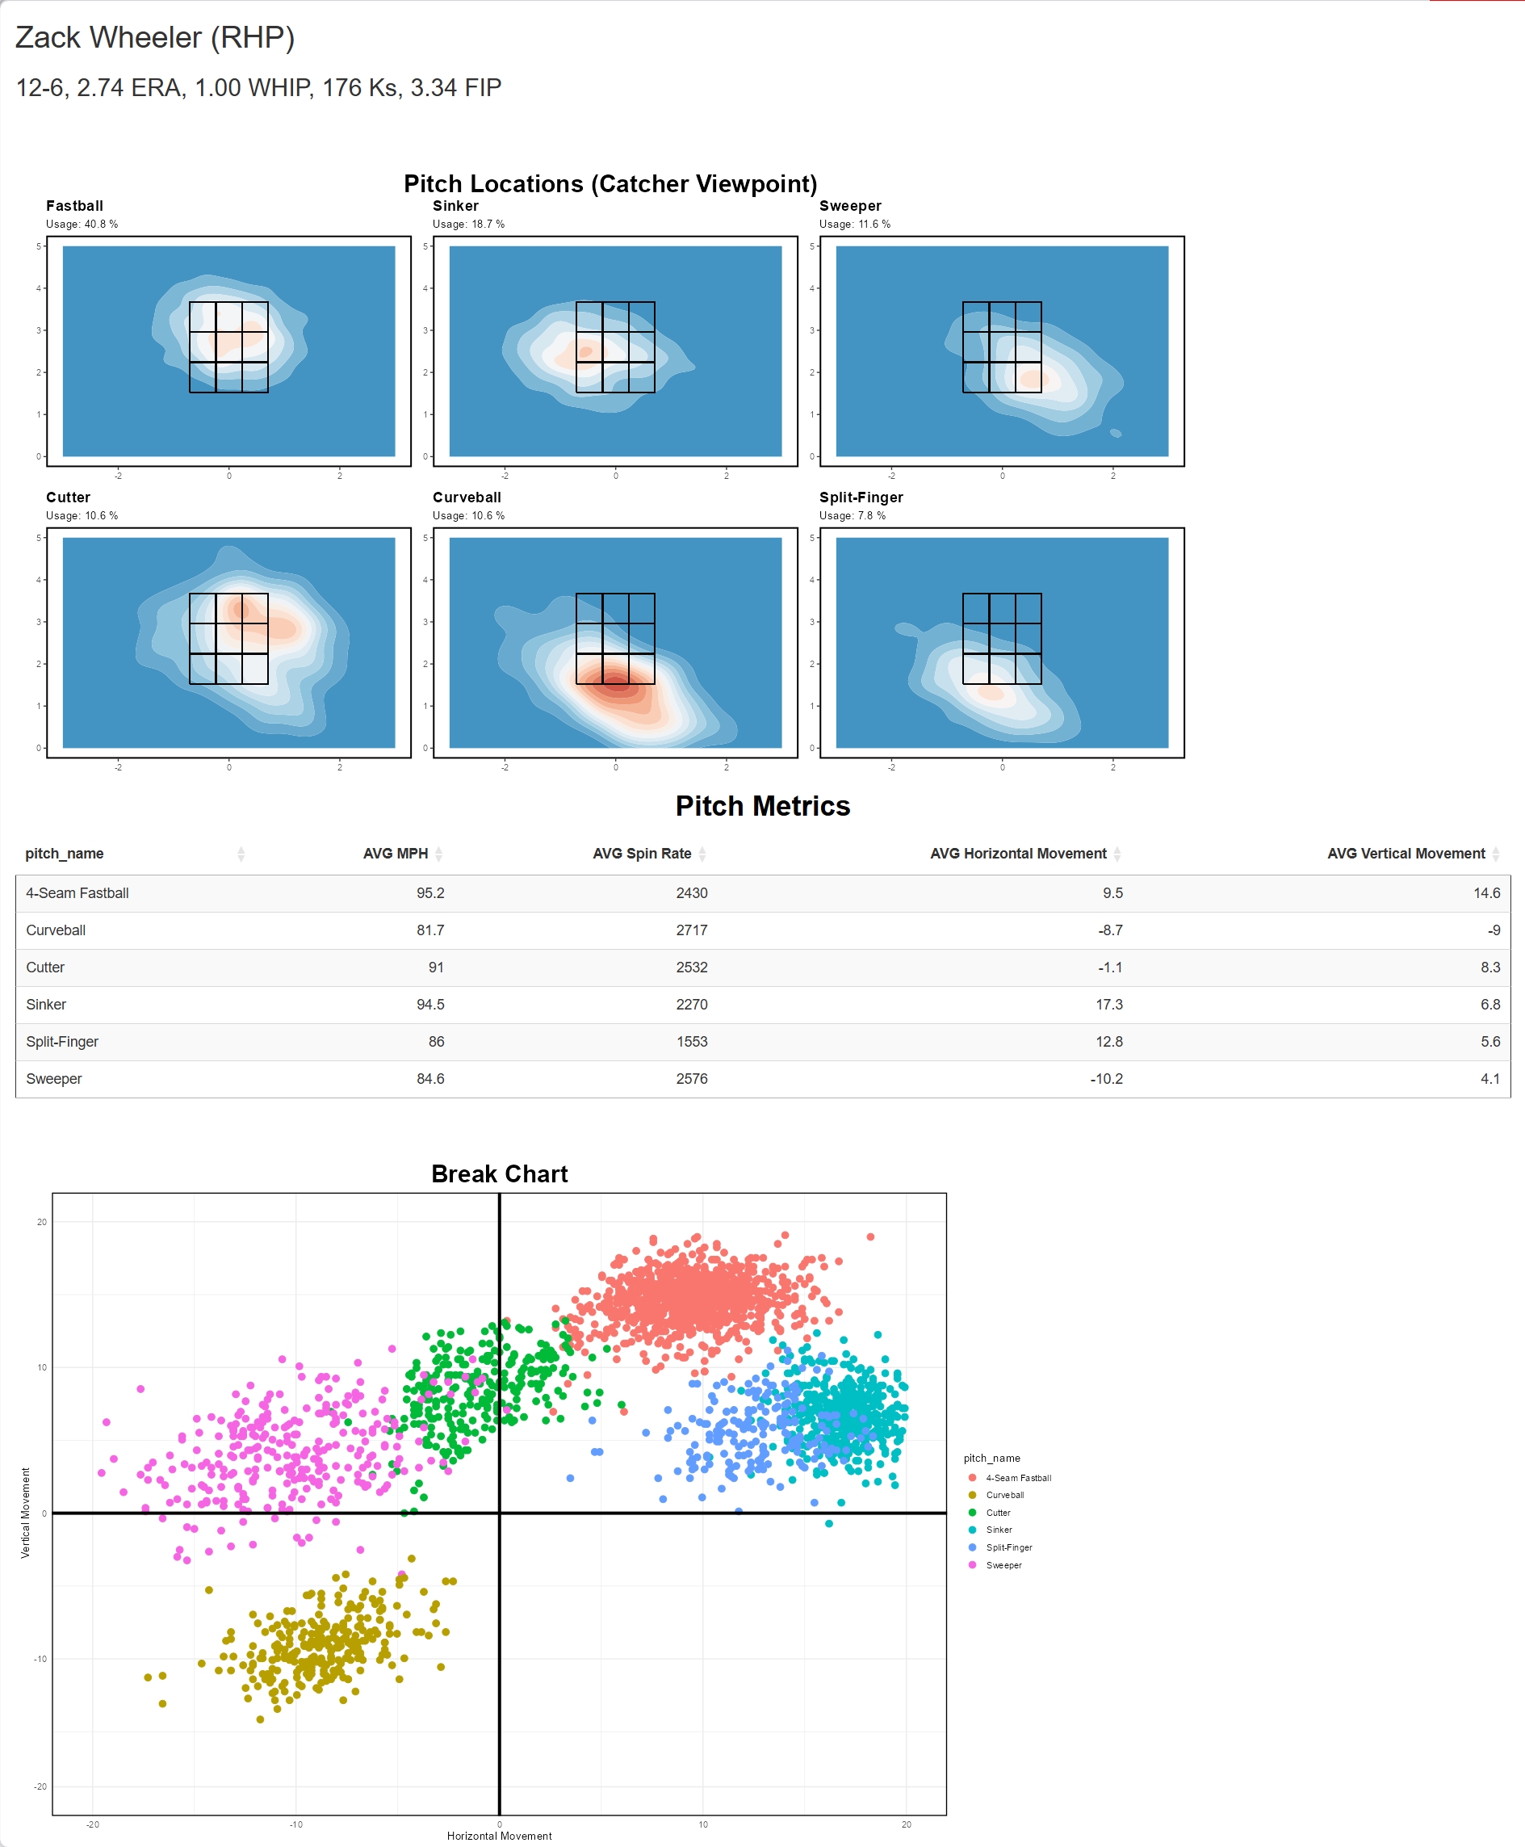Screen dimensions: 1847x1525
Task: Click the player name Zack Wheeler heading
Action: pos(155,38)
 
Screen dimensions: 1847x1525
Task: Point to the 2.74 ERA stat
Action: pos(131,88)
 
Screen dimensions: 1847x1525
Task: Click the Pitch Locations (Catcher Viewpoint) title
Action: pos(610,183)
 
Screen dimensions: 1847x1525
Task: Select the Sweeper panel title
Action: pos(849,206)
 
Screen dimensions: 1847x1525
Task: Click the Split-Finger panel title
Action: pos(860,497)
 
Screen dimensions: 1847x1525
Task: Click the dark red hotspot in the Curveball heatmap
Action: pos(618,682)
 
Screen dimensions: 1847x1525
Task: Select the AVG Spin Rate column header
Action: pos(641,853)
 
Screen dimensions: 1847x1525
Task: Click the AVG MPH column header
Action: pos(396,853)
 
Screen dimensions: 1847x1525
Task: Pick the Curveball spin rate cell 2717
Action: pos(691,930)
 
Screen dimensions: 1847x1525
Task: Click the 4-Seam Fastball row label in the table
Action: pos(78,892)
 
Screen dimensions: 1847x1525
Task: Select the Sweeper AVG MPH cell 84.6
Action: pos(430,1078)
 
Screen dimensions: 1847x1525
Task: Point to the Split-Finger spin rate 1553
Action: pos(691,1041)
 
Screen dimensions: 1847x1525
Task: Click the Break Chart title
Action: pos(499,1174)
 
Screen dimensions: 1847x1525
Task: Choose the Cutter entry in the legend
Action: pos(998,1512)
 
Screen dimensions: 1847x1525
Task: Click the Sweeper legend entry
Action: pos(1003,1565)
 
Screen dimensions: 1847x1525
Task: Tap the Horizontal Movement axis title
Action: pos(499,1836)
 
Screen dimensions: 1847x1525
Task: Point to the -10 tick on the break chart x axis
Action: pos(296,1824)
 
